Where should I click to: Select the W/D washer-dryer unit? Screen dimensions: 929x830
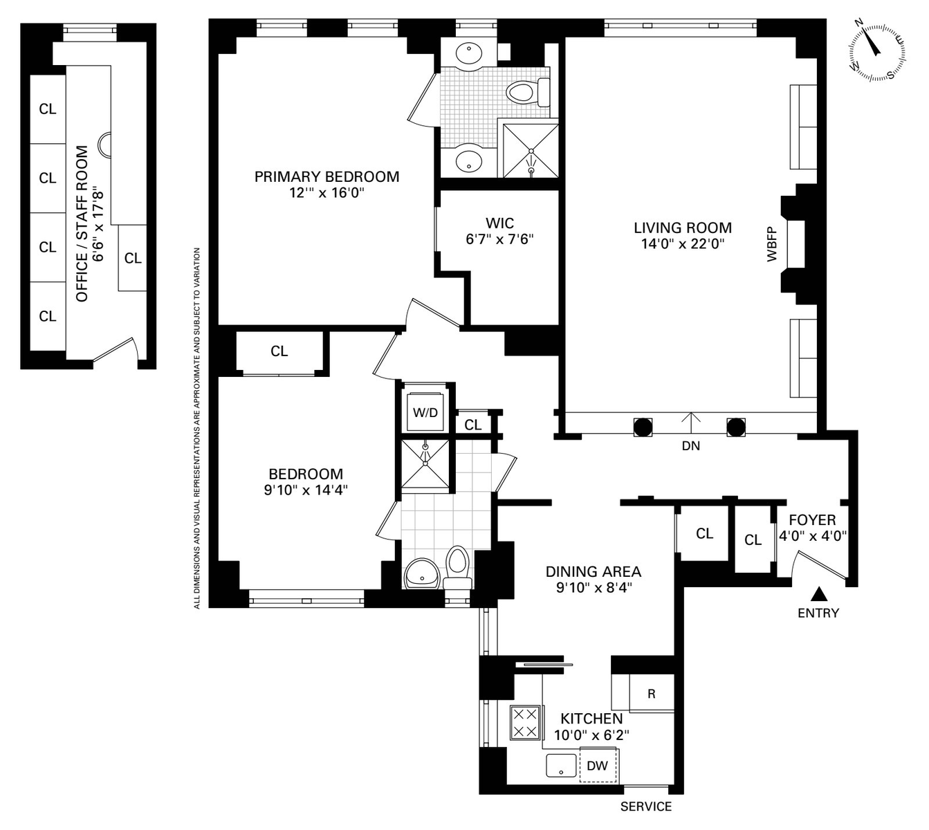[425, 412]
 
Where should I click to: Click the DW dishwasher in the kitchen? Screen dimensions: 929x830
[598, 766]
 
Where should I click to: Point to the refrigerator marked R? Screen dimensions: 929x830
[651, 693]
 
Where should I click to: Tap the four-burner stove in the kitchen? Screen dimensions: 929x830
[526, 722]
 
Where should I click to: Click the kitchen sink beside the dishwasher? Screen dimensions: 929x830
[561, 765]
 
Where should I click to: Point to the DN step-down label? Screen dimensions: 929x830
[690, 445]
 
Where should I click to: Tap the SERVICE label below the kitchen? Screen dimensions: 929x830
[645, 806]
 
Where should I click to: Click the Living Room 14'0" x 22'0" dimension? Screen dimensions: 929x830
[682, 243]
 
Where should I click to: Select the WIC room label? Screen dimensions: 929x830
[500, 223]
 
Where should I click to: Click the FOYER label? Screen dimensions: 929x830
[812, 520]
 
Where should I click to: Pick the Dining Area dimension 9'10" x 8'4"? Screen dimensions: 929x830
[594, 587]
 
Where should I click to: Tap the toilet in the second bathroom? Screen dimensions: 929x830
[458, 567]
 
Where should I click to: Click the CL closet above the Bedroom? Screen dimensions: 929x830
[279, 351]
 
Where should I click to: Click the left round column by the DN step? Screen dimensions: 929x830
[643, 427]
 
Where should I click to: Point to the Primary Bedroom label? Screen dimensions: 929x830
[327, 176]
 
